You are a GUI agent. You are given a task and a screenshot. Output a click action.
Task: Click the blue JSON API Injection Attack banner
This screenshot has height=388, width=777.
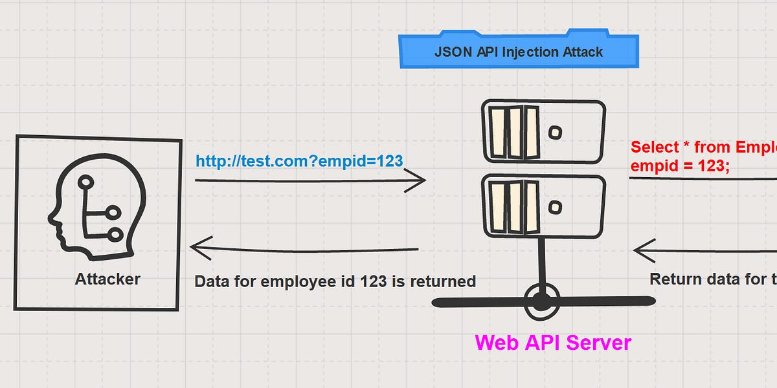(518, 51)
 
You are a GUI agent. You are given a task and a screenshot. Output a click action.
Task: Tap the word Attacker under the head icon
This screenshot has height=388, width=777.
(107, 279)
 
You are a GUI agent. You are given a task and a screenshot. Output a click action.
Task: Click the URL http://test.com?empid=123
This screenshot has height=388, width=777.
(299, 161)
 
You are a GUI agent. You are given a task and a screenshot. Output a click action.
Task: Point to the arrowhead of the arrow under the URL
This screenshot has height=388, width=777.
(418, 180)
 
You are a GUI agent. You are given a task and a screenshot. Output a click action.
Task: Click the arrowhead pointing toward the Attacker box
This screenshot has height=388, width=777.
(197, 248)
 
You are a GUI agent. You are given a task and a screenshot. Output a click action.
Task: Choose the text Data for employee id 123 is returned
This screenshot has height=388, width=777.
(335, 281)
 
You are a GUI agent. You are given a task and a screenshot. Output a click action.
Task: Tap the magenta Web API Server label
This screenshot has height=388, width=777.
(553, 342)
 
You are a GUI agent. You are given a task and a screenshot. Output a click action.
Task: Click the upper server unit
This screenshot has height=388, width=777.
(543, 132)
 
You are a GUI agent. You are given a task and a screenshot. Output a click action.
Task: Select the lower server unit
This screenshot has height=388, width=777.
(543, 206)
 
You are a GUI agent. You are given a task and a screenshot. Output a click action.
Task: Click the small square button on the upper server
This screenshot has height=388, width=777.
(555, 133)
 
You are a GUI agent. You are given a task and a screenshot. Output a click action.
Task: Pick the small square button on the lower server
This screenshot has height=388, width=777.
(555, 207)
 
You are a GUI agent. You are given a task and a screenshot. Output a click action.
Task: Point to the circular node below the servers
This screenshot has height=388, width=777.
(541, 301)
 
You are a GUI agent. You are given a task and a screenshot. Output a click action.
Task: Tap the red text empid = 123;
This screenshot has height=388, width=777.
(680, 166)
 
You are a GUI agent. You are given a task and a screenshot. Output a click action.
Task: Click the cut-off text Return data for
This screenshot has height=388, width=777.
(712, 279)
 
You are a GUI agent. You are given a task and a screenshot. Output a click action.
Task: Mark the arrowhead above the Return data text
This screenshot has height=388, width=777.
(641, 250)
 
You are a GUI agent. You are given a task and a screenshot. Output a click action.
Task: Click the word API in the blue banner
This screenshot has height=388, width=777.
(483, 52)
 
